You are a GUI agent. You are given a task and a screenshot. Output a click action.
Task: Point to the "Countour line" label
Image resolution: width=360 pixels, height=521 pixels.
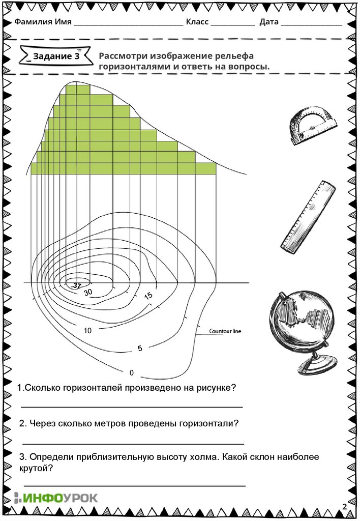pos(225,331)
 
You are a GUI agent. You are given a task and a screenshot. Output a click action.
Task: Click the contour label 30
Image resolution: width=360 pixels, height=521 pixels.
pos(88,292)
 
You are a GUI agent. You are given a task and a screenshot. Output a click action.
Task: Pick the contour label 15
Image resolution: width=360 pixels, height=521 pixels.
pos(148,295)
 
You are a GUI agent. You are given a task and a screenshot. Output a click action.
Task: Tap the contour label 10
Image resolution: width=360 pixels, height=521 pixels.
pos(88,331)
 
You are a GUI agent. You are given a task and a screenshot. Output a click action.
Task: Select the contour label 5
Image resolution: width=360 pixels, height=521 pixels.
pos(140,349)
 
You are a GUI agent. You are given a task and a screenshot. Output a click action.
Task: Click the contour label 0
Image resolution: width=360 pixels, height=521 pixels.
pos(132,372)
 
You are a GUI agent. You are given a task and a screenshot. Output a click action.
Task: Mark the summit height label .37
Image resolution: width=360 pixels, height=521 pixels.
pos(76,286)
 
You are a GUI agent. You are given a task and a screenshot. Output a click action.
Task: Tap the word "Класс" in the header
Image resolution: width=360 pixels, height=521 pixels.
pos(197,22)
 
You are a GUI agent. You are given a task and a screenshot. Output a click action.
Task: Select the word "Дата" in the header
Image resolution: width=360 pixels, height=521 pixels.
pos(268,22)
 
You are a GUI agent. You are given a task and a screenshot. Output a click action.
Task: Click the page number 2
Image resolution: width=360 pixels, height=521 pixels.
pos(344,506)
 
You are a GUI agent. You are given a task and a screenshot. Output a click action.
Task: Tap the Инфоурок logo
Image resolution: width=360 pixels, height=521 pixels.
pos(56,498)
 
